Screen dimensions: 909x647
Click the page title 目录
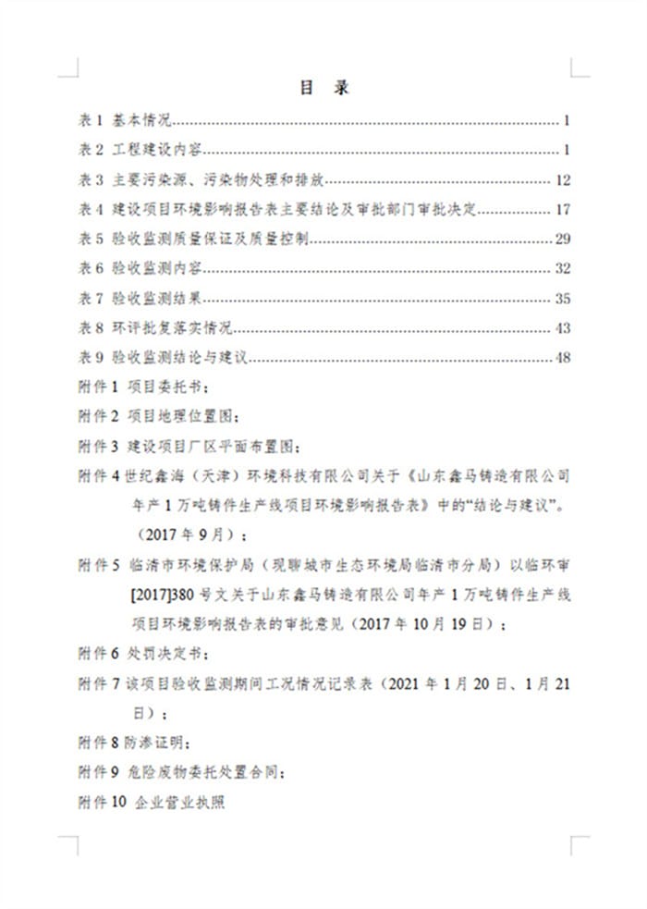click(x=323, y=87)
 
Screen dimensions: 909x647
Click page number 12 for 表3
click(x=563, y=179)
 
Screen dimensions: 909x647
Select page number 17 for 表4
click(x=563, y=209)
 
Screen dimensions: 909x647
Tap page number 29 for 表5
click(x=563, y=240)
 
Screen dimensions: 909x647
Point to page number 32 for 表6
click(x=563, y=269)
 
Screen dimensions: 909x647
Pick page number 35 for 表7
click(x=563, y=299)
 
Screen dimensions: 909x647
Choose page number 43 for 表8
click(x=563, y=328)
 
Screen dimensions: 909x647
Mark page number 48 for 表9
click(x=563, y=358)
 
